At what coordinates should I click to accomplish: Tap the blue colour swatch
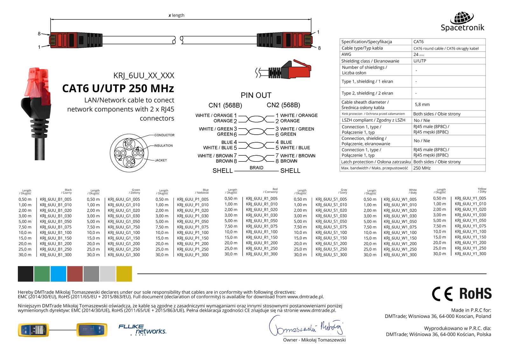click(58, 274)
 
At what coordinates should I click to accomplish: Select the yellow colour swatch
click(124, 274)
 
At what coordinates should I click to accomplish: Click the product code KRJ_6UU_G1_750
click(124, 227)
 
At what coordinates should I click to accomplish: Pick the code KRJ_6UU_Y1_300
click(470, 254)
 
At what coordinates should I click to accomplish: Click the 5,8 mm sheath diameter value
click(422, 104)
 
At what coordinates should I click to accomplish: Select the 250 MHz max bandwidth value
click(422, 168)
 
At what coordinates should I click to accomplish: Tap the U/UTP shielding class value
click(420, 61)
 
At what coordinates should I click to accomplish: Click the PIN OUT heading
click(256, 95)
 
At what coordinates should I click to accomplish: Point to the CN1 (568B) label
click(225, 105)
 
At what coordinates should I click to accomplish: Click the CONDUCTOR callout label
click(164, 135)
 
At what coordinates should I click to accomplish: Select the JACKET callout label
click(161, 160)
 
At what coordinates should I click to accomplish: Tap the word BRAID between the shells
click(256, 168)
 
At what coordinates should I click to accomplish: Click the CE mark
click(442, 294)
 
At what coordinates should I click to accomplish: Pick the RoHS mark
click(475, 293)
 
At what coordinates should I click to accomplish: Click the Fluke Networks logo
click(142, 330)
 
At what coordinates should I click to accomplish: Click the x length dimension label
click(177, 15)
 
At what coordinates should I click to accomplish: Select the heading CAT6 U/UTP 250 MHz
click(118, 88)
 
